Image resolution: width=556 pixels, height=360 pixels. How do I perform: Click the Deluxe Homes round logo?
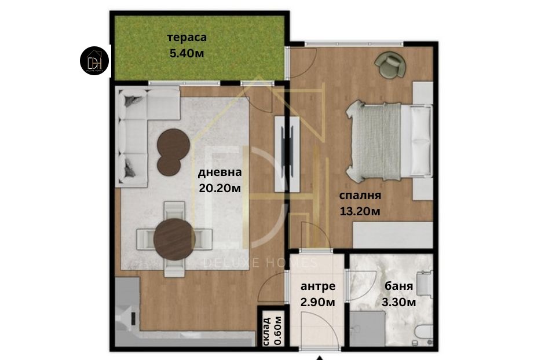click(94, 61)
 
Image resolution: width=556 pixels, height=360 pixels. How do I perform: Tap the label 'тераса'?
click(187, 38)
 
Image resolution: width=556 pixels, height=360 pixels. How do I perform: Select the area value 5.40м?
click(187, 53)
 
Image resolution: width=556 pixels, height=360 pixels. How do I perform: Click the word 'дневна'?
click(220, 172)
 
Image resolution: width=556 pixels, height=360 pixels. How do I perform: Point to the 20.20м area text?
click(220, 188)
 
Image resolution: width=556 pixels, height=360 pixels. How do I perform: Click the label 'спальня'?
click(360, 196)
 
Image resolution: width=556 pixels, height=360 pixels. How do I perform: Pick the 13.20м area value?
click(360, 211)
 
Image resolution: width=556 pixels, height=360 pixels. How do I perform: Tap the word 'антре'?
click(318, 286)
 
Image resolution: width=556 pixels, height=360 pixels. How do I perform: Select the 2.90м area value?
click(318, 302)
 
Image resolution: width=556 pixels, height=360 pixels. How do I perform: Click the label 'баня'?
click(399, 286)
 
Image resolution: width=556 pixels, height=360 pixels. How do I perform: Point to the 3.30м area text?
click(399, 302)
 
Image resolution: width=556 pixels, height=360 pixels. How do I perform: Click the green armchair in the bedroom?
click(390, 64)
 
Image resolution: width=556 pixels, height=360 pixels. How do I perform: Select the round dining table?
click(174, 239)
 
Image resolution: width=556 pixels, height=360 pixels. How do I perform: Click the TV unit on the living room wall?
click(287, 154)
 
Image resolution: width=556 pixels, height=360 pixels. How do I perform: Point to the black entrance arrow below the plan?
click(320, 358)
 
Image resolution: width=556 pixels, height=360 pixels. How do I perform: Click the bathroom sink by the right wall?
click(424, 284)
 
